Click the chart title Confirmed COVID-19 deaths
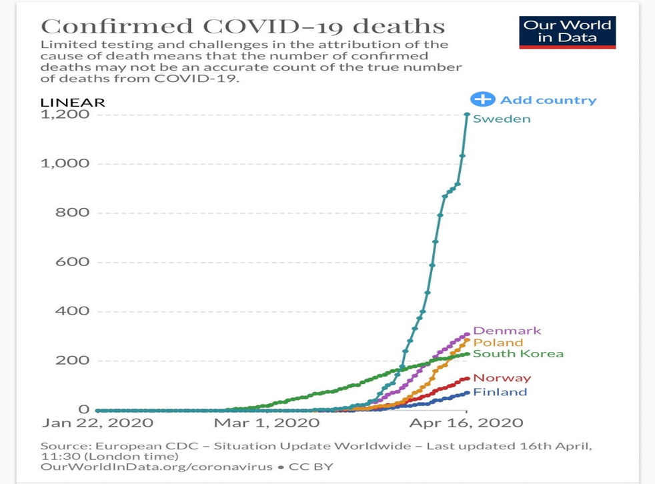243,26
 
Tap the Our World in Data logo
567,32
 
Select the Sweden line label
502,119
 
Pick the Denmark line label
507,331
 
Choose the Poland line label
498,343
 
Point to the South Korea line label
518,354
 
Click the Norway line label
502,378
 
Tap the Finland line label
500,392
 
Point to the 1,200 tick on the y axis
65,115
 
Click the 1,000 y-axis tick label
65,164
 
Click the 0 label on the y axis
83,409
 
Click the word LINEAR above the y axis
73,103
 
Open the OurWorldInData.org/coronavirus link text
157,467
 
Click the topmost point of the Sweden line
466,115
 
